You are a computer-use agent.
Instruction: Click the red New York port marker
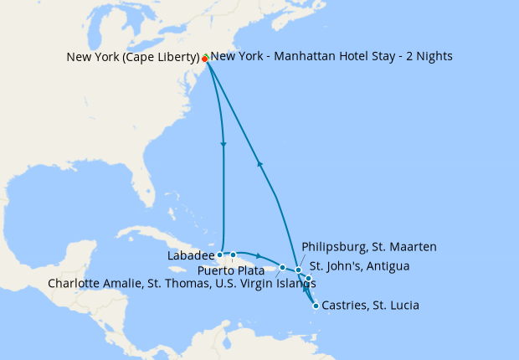(204, 59)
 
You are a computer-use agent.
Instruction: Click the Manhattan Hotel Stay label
(331, 57)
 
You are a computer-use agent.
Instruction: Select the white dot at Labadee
(219, 255)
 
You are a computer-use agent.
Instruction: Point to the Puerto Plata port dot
(234, 255)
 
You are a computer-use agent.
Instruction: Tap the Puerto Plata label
(226, 270)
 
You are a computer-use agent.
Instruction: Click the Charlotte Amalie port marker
(282, 268)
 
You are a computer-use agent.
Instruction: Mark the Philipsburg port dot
(298, 270)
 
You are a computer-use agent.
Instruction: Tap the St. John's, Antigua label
(358, 266)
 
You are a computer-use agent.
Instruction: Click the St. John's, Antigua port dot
(308, 278)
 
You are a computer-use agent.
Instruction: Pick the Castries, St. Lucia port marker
(315, 306)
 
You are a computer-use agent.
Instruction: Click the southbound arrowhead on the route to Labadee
(224, 146)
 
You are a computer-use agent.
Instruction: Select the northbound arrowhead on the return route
(260, 164)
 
